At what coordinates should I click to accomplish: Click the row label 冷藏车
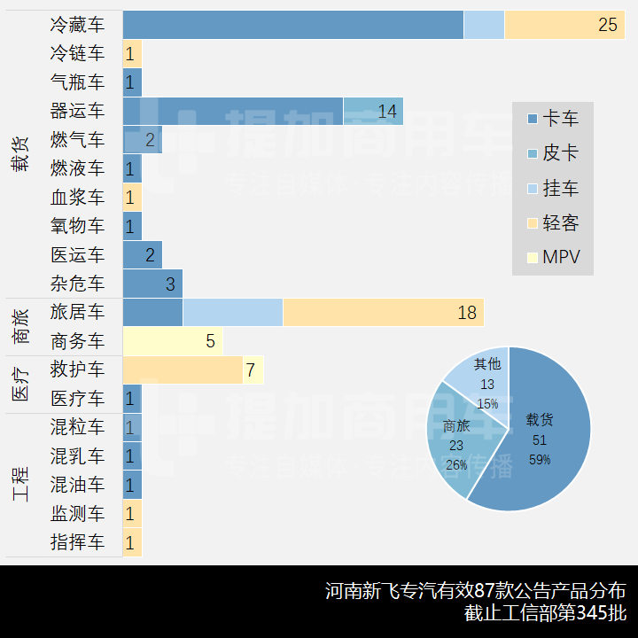[77, 25]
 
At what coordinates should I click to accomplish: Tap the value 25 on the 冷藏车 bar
[607, 25]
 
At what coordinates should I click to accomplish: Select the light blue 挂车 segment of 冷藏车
[484, 25]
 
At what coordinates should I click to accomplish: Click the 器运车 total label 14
[387, 111]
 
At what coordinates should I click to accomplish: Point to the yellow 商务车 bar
[172, 341]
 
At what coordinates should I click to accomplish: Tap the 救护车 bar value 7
[251, 370]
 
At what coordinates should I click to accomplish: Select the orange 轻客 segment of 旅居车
[382, 313]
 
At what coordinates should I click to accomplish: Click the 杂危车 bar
[152, 284]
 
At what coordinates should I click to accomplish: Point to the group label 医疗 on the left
[20, 384]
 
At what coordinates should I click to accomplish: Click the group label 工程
[20, 485]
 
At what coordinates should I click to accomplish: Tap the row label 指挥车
[77, 542]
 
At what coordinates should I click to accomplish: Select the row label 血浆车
[77, 198]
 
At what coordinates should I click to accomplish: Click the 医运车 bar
[142, 255]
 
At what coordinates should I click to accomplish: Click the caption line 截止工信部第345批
[544, 613]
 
